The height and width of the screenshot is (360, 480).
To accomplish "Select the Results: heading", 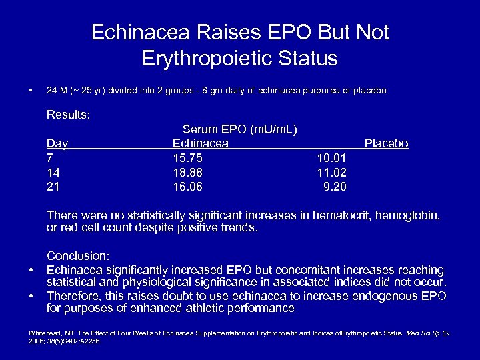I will point(68,115).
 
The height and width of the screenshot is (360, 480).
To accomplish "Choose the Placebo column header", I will point(386,143).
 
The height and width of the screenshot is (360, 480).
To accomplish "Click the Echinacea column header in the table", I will point(200,143).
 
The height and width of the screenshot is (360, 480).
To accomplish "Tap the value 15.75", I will point(187,158).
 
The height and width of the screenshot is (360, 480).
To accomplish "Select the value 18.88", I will point(187,172).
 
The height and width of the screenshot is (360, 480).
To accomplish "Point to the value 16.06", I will point(187,187).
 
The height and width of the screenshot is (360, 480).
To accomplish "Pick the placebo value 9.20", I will point(334,187).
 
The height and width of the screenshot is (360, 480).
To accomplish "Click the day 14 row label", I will point(53,172).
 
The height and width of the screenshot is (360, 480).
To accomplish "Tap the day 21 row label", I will point(53,187).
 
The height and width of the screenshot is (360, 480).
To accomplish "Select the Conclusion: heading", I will point(78,255).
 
